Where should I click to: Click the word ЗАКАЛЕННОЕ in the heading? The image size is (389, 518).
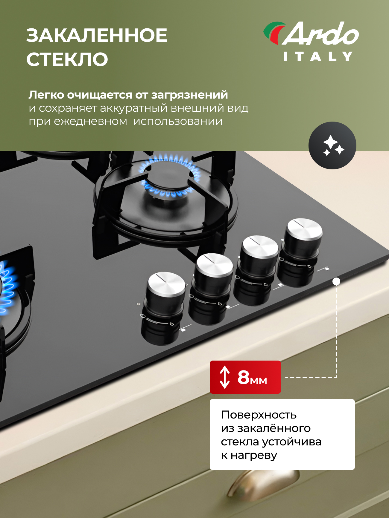click(x=97, y=35)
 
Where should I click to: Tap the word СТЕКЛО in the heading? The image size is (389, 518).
click(x=67, y=59)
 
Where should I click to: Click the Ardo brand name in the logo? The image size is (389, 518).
click(x=320, y=33)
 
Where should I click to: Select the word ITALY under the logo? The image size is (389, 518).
click(x=318, y=56)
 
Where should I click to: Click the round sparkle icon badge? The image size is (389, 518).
click(x=332, y=145)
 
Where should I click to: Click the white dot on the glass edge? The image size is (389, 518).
click(x=336, y=281)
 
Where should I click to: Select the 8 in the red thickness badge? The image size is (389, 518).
click(x=244, y=377)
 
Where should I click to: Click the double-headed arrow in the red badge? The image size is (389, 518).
click(x=225, y=377)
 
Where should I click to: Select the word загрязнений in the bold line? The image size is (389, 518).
click(x=189, y=95)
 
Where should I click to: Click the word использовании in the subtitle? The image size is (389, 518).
click(x=178, y=122)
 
